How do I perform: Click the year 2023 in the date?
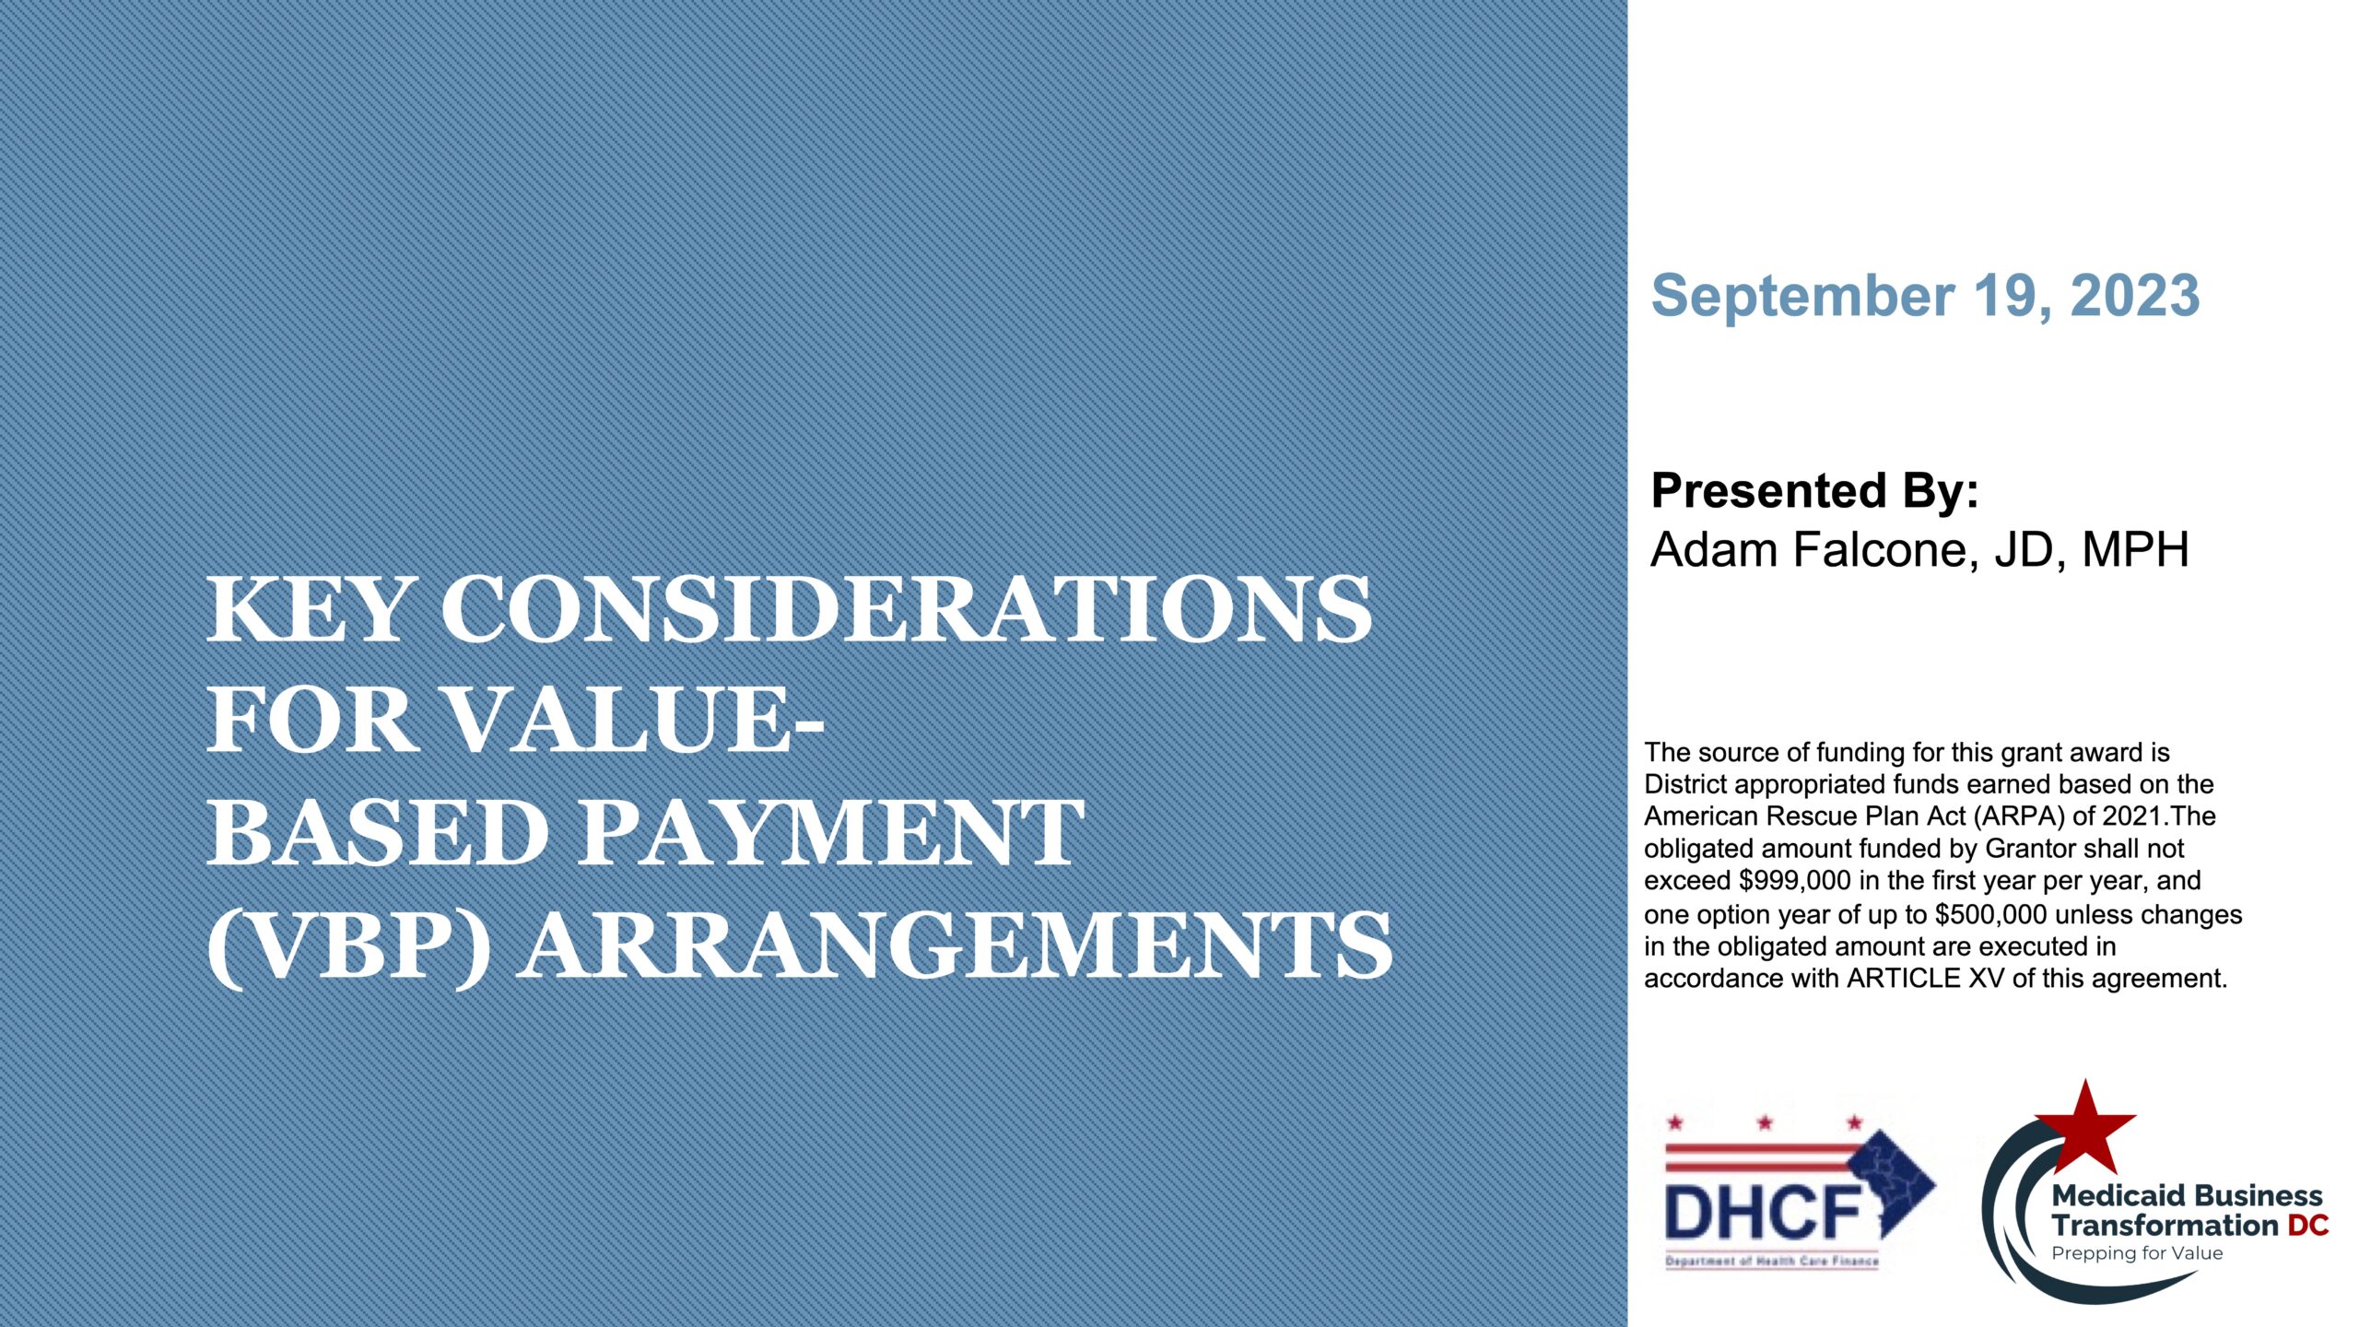pos(2135,296)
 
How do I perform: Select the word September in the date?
pos(1802,296)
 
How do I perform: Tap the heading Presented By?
pos(1814,490)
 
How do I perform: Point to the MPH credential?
pos(2135,550)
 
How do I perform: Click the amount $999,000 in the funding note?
pos(1795,881)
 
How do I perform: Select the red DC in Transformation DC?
pos(2308,1226)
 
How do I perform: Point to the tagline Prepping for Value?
pos(2137,1253)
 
